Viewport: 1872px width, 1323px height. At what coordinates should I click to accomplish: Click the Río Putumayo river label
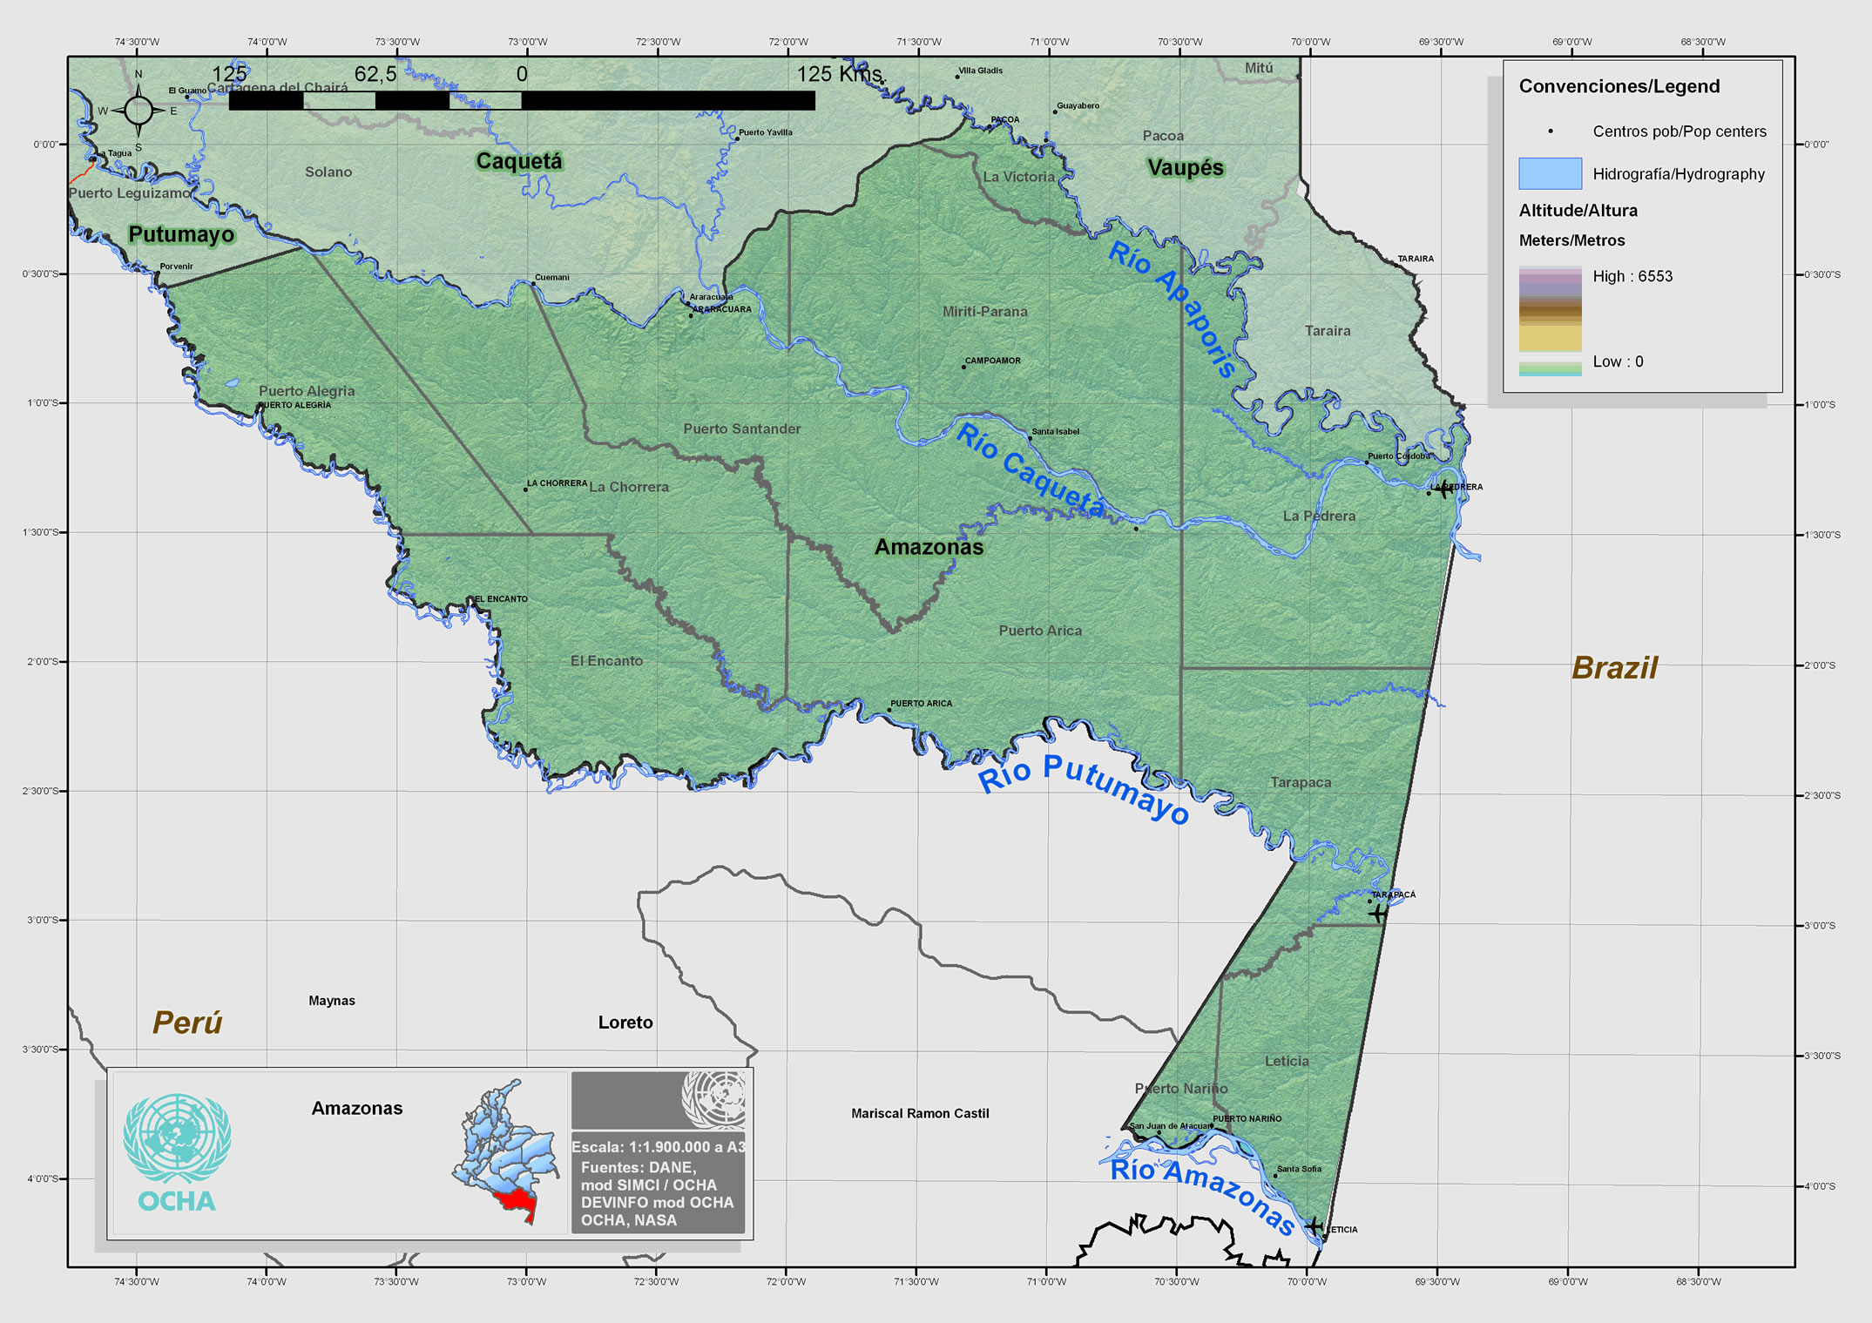1084,786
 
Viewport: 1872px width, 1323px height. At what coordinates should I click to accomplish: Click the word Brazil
1614,668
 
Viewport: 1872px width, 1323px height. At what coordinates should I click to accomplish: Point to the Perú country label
187,1023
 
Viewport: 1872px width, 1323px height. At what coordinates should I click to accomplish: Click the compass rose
138,111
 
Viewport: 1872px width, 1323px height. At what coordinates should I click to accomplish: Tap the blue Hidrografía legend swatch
1550,173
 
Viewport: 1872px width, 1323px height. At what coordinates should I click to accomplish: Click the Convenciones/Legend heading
1619,86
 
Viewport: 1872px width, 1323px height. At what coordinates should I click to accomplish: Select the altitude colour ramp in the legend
1550,320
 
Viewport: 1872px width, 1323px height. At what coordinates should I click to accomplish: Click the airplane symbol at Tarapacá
1377,913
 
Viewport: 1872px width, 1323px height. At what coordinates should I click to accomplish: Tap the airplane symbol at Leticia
1314,1225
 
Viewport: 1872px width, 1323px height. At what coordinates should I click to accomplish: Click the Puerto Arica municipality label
1040,631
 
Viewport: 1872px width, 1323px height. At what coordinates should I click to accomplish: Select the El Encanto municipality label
606,661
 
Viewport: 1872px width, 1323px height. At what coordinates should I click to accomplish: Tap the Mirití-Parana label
984,312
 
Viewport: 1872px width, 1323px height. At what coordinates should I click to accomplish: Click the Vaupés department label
1185,167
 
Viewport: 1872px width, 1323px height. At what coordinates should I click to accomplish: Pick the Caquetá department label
519,161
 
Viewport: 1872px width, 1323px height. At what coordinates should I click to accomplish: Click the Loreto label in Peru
625,1023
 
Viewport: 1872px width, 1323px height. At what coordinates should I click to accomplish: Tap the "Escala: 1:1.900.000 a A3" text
658,1147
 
